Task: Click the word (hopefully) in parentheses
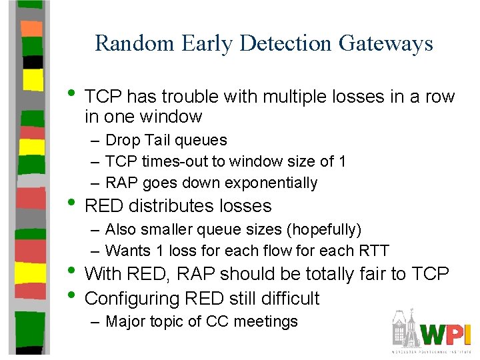[323, 229]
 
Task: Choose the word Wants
[128, 251]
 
